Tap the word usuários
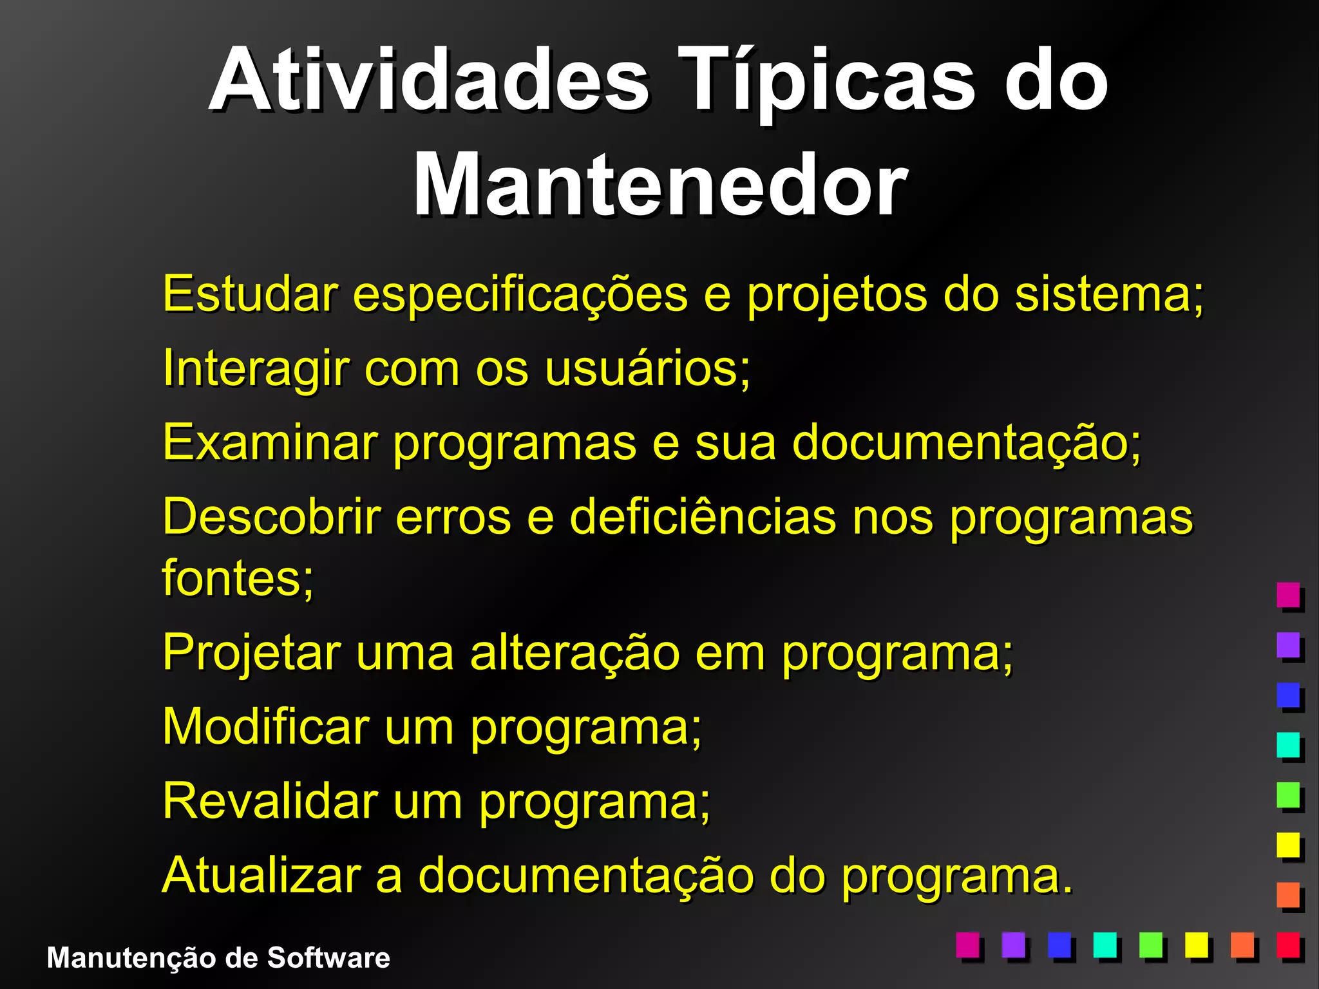click(x=647, y=369)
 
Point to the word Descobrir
click(x=271, y=517)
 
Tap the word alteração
click(x=574, y=652)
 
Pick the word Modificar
click(x=265, y=727)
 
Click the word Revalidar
click(x=270, y=801)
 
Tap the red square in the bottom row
click(x=1288, y=945)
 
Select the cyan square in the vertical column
click(x=1288, y=745)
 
